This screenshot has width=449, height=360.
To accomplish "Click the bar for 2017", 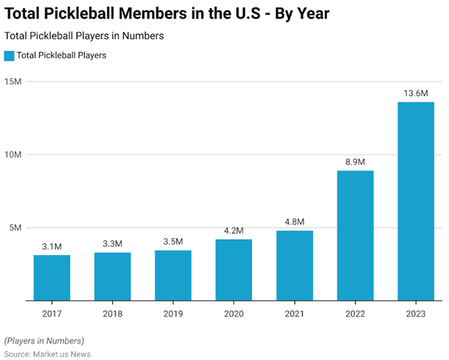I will coord(52,278).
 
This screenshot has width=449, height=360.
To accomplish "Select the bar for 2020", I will coord(233,270).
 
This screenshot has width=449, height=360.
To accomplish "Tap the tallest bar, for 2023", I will coord(416,201).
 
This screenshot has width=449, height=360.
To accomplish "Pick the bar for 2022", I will coord(355,236).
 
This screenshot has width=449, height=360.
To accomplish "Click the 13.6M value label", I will coord(416,93).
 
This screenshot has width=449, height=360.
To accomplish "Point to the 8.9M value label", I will coord(355,162).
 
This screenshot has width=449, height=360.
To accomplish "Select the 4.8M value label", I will coord(295,222).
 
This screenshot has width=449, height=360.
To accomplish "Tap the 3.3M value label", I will coord(112,244).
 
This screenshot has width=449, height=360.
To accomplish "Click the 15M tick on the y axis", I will coord(13,81).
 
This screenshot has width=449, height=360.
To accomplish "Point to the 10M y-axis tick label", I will coord(13,154).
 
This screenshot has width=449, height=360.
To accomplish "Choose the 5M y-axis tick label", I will coord(15,228).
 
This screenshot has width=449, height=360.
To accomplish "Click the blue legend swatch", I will coord(9,55).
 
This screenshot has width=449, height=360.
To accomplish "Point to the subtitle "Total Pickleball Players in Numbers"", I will coord(83,35).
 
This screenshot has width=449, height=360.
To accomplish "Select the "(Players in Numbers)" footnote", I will coord(44,341).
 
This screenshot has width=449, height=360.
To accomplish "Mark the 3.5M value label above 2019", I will coord(173,241).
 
